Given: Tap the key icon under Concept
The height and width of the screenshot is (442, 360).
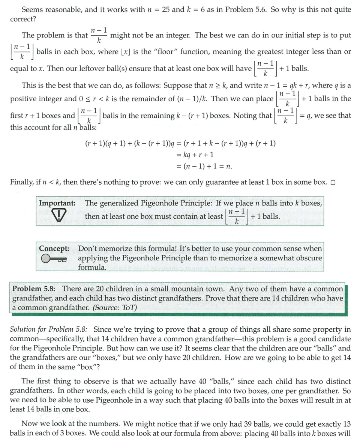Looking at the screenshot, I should [x=53, y=259].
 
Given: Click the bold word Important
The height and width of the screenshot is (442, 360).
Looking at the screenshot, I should [x=57, y=203].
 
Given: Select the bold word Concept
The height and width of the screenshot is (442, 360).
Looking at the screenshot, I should [x=54, y=248].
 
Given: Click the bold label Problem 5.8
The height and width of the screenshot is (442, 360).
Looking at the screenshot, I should [x=34, y=289].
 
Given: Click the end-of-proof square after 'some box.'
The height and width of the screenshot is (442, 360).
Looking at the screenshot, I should [x=333, y=183].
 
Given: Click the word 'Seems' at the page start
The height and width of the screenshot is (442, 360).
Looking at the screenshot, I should [x=31, y=10].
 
